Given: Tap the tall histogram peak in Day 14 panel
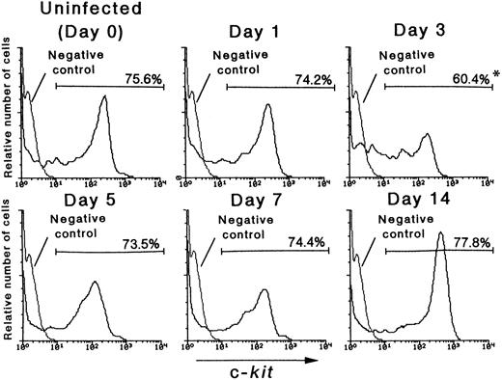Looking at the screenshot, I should [x=439, y=234].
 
